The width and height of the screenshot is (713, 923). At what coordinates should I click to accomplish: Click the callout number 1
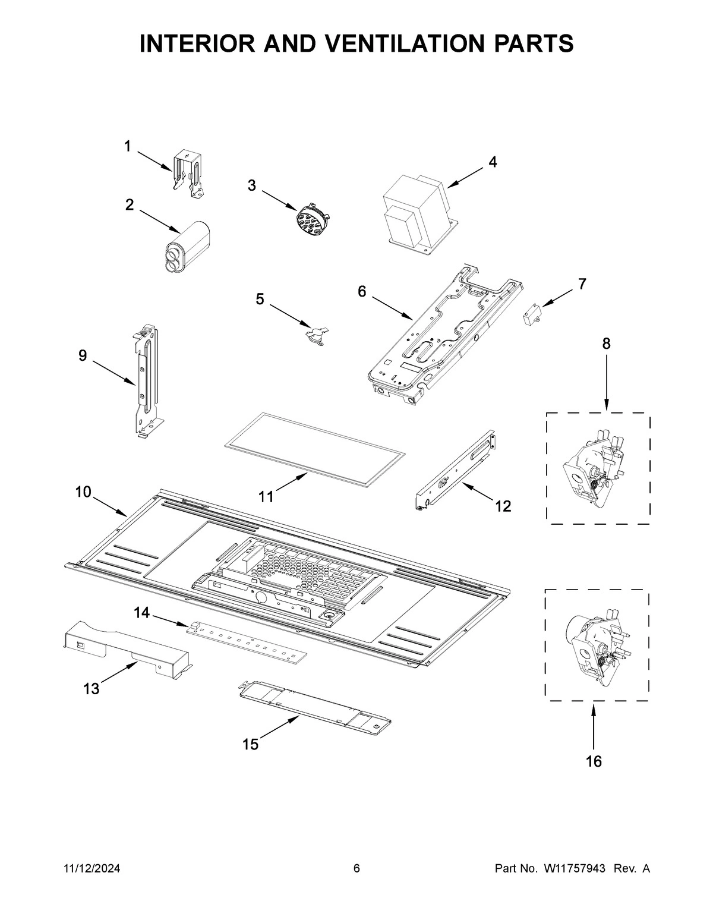coord(127,146)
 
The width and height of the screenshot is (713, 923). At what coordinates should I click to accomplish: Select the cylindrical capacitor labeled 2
coord(187,247)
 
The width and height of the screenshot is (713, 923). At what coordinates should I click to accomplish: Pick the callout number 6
coord(362,291)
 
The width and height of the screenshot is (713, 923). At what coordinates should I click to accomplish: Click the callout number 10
coord(83,492)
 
